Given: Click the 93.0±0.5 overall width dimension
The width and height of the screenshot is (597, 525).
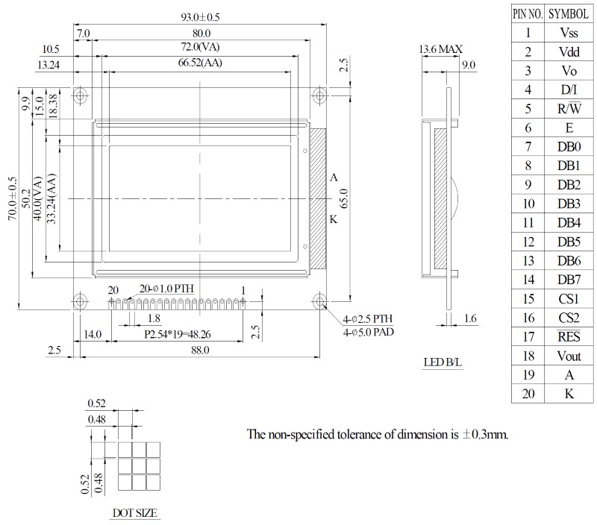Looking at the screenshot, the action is [200, 17].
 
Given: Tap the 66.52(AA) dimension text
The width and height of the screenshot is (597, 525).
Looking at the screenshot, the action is [200, 63].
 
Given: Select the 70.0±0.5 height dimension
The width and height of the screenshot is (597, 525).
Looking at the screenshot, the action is [13, 198].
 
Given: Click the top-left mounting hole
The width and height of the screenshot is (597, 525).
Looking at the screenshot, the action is [80, 95].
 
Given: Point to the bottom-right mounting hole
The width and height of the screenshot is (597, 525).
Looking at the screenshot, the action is [320, 301].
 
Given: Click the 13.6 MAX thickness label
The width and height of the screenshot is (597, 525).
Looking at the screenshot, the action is [440, 49].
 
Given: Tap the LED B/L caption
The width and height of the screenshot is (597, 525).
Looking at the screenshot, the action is [443, 362].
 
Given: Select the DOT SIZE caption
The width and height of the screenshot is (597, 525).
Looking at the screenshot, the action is [135, 513].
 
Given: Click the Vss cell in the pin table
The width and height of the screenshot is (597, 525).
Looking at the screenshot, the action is [569, 33].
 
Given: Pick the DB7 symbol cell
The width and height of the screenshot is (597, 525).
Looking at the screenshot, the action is [569, 280].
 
